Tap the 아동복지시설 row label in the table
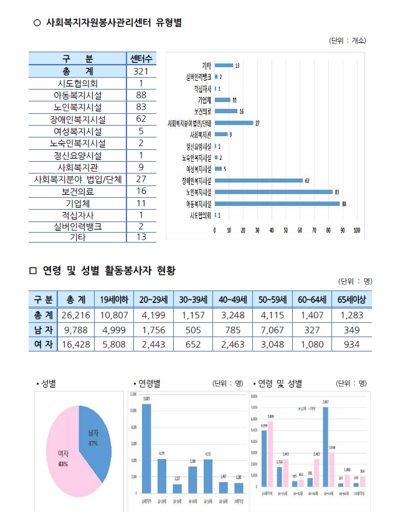pyautogui.click(x=77, y=95)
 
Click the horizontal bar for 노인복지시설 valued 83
pyautogui.click(x=273, y=192)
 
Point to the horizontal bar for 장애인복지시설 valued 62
pyautogui.click(x=259, y=180)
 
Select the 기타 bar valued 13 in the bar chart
pyautogui.click(x=224, y=65)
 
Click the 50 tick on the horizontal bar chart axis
pyautogui.click(x=286, y=231)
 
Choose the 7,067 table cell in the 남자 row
pyautogui.click(x=272, y=329)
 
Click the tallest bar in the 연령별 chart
pyautogui.click(x=146, y=448)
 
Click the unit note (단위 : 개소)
pyautogui.click(x=347, y=40)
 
